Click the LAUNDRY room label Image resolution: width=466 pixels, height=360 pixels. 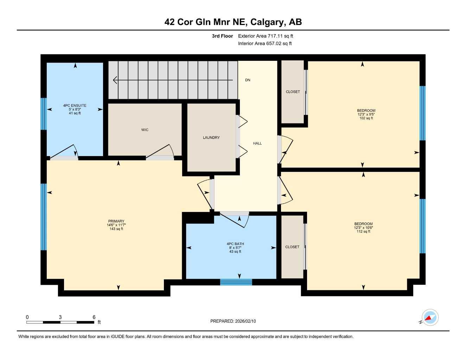211,137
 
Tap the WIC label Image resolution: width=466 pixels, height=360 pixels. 145,130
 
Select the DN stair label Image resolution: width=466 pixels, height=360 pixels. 248,80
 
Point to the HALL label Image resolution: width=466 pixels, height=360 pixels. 257,143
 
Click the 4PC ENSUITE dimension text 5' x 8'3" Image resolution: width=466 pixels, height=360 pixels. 75,109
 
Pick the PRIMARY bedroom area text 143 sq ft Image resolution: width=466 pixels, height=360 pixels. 116,229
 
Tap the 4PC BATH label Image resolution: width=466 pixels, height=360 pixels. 235,244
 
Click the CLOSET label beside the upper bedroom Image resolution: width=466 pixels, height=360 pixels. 293,92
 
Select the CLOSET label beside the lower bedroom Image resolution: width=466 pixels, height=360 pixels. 292,247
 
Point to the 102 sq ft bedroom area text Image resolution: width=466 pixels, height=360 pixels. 366,118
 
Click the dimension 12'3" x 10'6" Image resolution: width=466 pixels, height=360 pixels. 363,228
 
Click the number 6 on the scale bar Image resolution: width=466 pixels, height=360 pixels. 94,317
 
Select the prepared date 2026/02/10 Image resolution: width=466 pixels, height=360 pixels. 245,321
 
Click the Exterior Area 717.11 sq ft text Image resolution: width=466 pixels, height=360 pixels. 266,36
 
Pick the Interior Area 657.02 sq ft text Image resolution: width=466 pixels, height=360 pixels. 265,44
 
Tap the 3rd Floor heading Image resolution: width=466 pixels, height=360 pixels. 222,36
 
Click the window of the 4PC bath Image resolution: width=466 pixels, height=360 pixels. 236,282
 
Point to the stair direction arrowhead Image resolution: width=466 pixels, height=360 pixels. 115,80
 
